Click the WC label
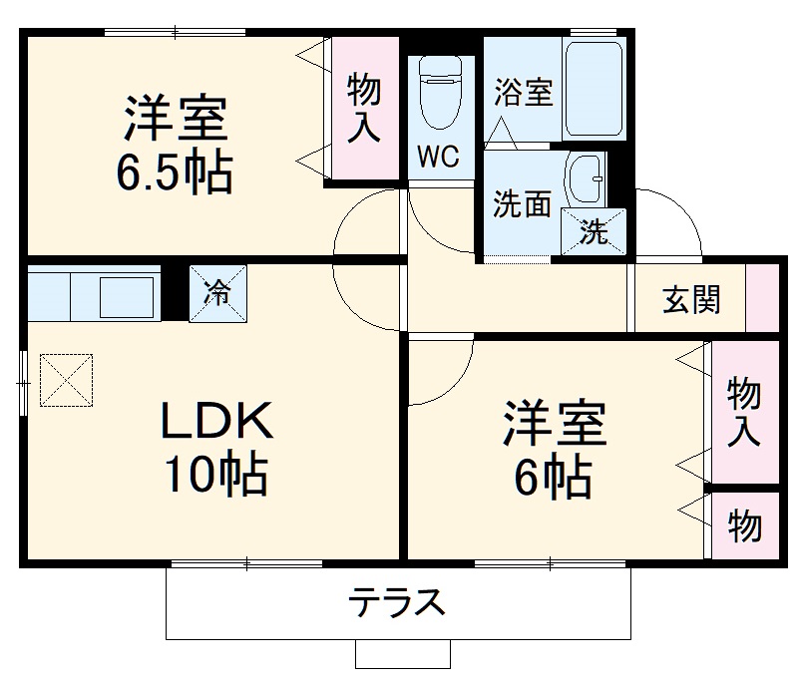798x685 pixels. click(x=438, y=157)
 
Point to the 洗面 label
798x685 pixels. click(x=522, y=203)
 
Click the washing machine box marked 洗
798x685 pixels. click(x=594, y=231)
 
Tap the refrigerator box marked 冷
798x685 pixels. click(x=216, y=293)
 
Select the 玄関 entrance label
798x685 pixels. click(x=691, y=299)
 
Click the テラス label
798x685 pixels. click(x=396, y=602)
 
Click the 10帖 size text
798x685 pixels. click(x=216, y=478)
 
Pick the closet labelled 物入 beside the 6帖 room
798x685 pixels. click(x=744, y=412)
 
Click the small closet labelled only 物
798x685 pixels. click(x=744, y=524)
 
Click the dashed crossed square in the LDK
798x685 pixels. click(x=65, y=379)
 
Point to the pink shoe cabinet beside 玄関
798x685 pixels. click(x=763, y=298)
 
